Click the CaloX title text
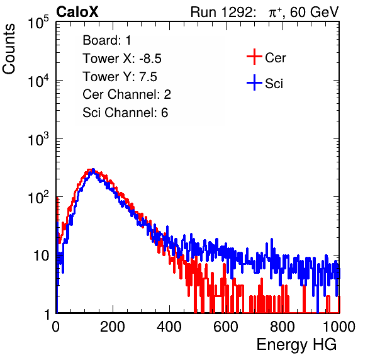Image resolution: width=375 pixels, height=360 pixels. tap(77, 11)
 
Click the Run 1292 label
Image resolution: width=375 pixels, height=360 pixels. tap(221, 12)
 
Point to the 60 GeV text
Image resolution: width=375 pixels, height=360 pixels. tap(314, 12)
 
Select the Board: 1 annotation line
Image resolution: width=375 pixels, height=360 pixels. tap(107, 40)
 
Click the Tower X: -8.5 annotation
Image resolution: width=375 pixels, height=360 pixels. tap(122, 59)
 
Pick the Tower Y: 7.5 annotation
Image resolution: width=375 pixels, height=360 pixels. tap(120, 77)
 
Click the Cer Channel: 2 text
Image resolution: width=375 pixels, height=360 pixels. tap(126, 94)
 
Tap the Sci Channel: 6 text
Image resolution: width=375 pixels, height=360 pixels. tap(125, 113)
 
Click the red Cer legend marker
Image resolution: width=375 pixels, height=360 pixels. tap(254, 57)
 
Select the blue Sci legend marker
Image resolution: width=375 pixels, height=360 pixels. tap(254, 83)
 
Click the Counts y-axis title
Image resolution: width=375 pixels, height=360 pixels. tap(9, 49)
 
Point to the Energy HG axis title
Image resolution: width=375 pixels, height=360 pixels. tap(296, 345)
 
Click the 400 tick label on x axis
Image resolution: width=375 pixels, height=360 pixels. tap(169, 327)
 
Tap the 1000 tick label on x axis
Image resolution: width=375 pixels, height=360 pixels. tap(339, 327)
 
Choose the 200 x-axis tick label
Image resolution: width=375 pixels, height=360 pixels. tap(113, 327)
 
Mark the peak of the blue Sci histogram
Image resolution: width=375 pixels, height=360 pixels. tap(94, 170)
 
